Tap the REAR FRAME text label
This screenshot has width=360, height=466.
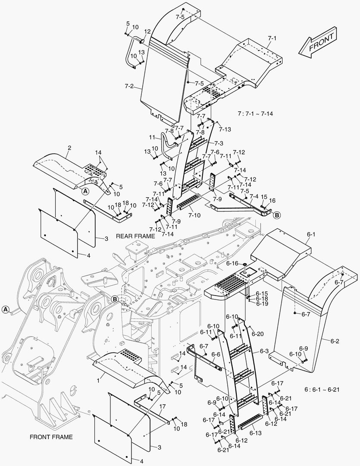(x=135, y=236)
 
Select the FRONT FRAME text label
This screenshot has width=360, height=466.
(x=51, y=437)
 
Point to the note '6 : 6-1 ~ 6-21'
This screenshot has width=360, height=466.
(x=322, y=389)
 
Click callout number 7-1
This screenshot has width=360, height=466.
(x=272, y=38)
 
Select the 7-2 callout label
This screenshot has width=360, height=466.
(x=129, y=86)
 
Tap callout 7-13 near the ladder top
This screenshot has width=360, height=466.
(x=225, y=129)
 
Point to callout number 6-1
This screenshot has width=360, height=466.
(x=311, y=234)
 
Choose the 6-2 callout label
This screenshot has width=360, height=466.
(x=335, y=341)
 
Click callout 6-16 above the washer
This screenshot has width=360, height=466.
(x=232, y=263)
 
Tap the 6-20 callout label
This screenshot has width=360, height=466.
(x=257, y=334)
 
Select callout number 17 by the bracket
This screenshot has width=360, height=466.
(x=163, y=406)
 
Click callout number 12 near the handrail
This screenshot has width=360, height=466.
(x=147, y=31)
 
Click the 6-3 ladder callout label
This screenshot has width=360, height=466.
(x=264, y=351)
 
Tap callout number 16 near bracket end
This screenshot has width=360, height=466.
(x=272, y=200)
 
